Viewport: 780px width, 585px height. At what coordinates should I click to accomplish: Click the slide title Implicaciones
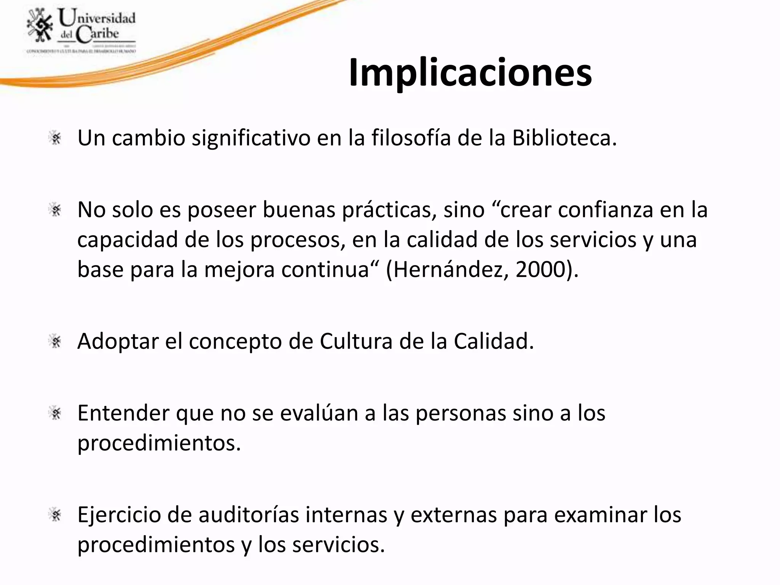coord(470,72)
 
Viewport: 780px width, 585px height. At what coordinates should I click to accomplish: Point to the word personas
coord(461,414)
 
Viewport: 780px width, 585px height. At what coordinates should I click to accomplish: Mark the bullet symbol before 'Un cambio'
coord(56,138)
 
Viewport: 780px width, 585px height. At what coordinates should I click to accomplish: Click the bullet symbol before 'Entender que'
coord(56,413)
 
